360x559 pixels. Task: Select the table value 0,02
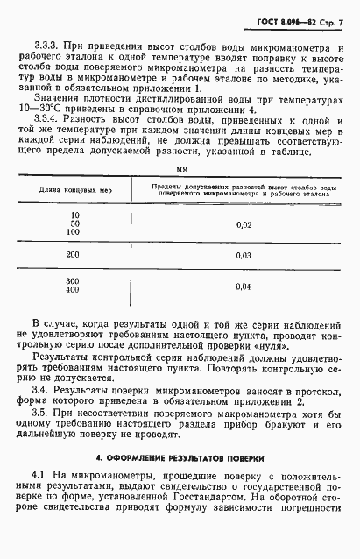(x=244, y=226)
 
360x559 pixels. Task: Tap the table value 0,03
(x=244, y=256)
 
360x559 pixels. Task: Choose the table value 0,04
(x=244, y=287)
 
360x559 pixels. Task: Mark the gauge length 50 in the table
(x=74, y=225)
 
